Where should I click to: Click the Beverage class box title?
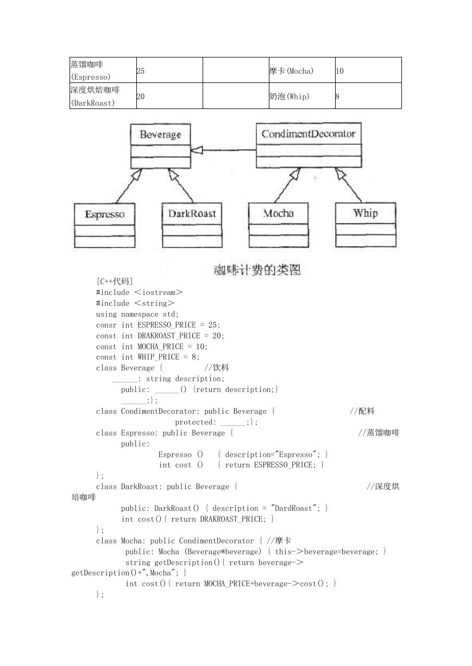[160, 135]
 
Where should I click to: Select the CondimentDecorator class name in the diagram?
[309, 134]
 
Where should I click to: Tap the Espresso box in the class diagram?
[104, 226]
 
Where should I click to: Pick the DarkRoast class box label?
[192, 214]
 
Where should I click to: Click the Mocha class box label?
[278, 213]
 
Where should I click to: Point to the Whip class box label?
[366, 213]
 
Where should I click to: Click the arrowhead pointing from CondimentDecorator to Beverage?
[196, 150]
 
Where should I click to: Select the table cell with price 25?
[169, 70]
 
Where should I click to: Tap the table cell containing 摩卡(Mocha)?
[302, 70]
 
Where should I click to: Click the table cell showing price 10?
[368, 70]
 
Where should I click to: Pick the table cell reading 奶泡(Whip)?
[302, 96]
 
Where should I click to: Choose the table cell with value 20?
[169, 96]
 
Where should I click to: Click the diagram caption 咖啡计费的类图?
[257, 270]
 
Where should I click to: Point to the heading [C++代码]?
[115, 281]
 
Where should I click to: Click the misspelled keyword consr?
[106, 325]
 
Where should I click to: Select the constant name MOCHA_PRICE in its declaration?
[160, 347]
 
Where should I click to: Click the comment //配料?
[362, 411]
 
